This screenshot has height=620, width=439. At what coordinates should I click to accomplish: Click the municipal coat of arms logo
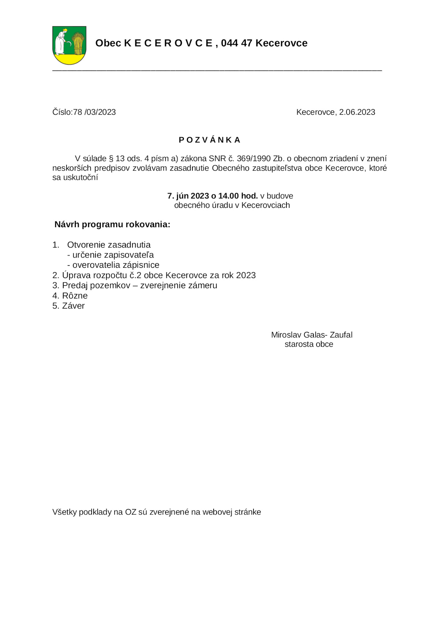(x=69, y=45)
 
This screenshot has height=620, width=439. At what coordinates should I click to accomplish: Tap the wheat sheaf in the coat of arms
(x=78, y=43)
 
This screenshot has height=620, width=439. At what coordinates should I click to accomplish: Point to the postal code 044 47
(x=236, y=43)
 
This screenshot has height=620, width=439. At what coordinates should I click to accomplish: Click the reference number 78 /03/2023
(x=94, y=112)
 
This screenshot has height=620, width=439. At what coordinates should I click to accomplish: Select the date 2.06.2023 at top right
(x=357, y=112)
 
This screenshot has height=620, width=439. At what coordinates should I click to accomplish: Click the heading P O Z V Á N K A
(x=209, y=140)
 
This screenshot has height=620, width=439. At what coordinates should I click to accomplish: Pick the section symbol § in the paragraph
(x=111, y=159)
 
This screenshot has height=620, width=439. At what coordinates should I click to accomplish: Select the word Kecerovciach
(x=266, y=205)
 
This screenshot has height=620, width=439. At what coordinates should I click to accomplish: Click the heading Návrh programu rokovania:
(x=112, y=224)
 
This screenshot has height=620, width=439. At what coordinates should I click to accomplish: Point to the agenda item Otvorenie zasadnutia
(x=109, y=245)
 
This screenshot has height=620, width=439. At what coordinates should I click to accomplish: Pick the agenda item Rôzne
(x=75, y=296)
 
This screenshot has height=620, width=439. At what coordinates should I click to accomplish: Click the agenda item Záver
(x=73, y=306)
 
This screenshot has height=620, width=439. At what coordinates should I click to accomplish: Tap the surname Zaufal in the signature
(x=341, y=335)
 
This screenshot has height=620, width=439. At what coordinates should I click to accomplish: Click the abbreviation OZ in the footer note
(x=131, y=512)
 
